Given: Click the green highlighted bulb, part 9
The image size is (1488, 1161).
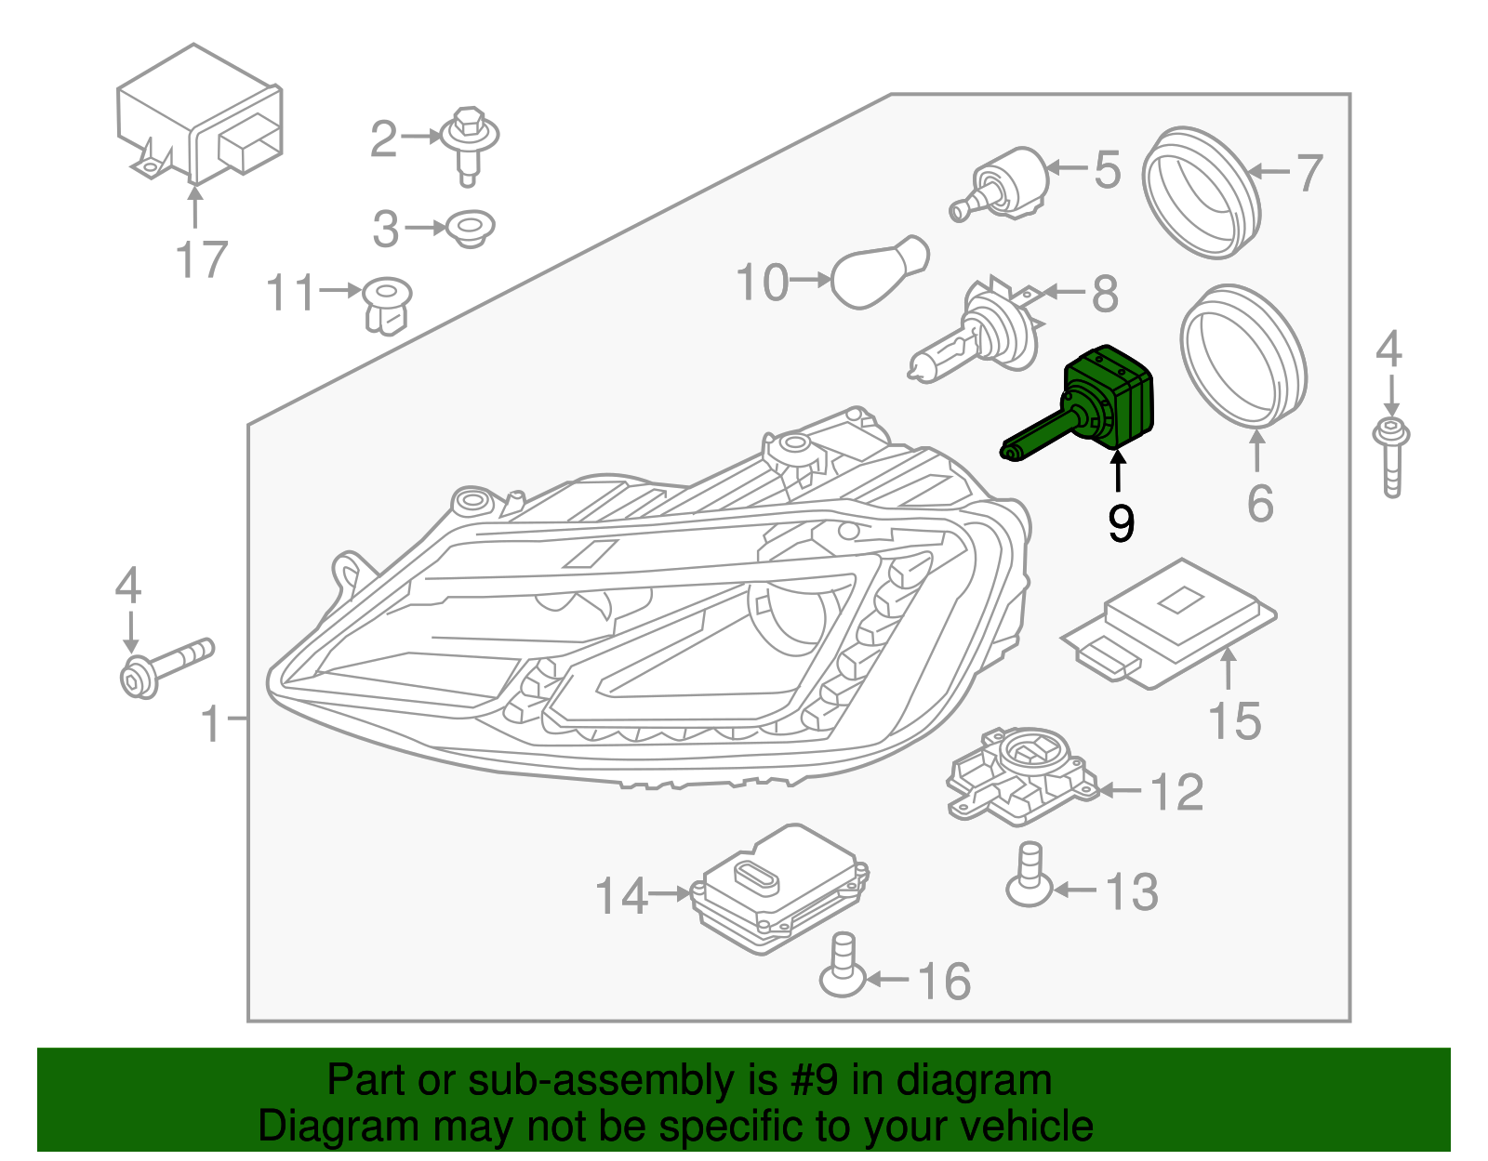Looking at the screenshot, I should pyautogui.click(x=1107, y=400).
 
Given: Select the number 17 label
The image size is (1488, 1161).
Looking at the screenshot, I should pyautogui.click(x=201, y=259).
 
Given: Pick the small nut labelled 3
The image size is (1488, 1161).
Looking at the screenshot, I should pyautogui.click(x=470, y=227).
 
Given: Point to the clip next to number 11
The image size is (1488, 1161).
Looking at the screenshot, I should pyautogui.click(x=387, y=305).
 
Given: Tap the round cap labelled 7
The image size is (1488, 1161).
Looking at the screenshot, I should pyautogui.click(x=1201, y=192).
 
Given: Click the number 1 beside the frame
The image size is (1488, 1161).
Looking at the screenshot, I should pyautogui.click(x=212, y=723).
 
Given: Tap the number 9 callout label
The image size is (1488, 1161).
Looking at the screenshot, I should pyautogui.click(x=1121, y=523).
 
